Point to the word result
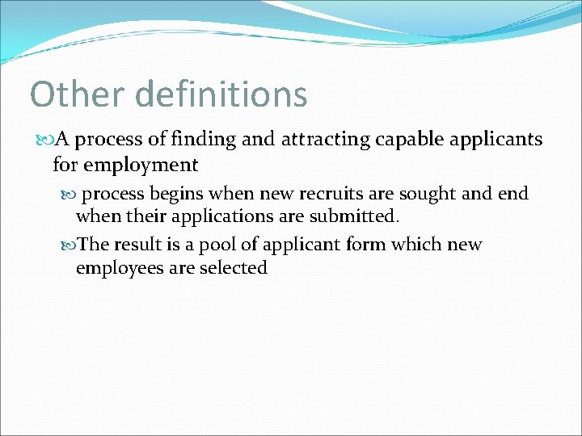[139, 245]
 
